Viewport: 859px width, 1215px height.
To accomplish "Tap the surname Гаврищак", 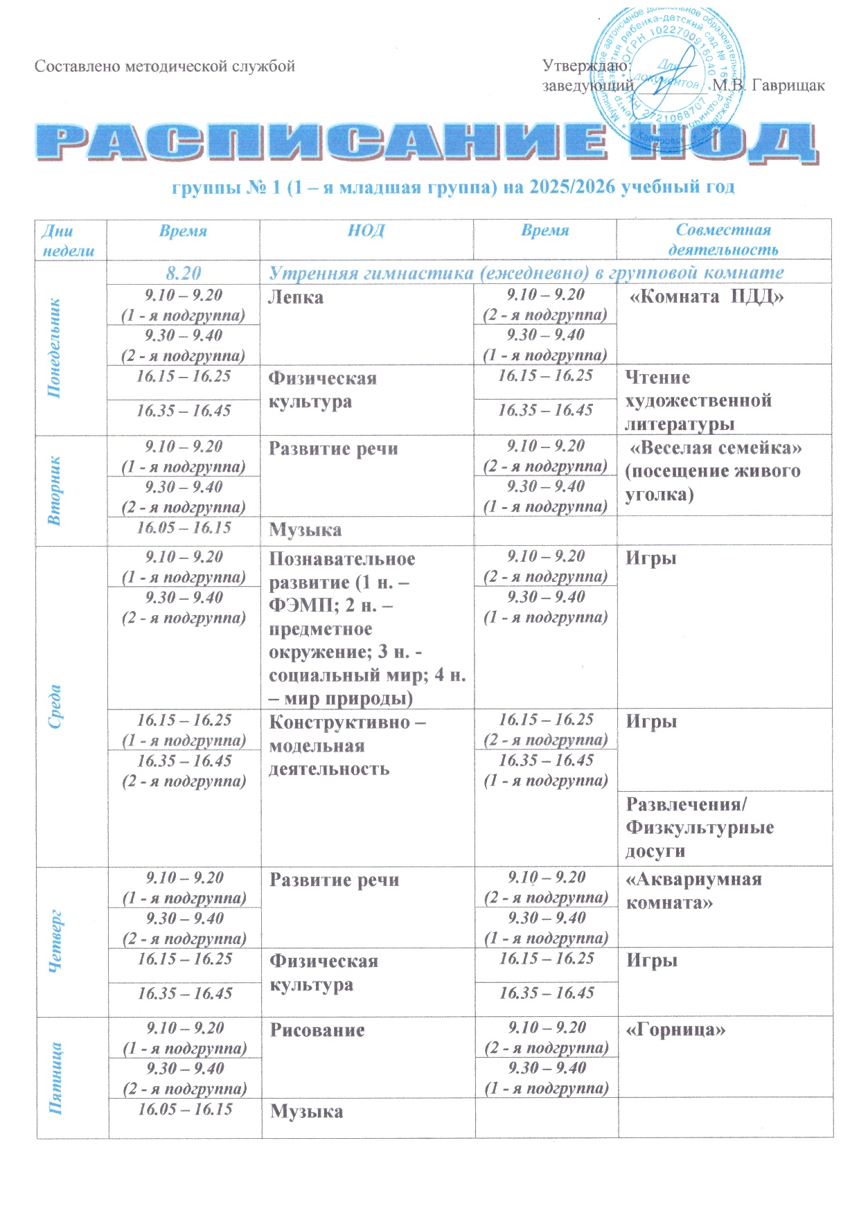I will (788, 86).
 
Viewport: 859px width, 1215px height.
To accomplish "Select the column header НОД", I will (366, 231).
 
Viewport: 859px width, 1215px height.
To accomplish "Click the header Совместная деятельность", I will (723, 240).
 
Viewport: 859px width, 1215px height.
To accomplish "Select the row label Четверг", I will (56, 941).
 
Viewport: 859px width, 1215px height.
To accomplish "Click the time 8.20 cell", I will (184, 273).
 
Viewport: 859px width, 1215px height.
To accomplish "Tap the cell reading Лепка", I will (296, 298).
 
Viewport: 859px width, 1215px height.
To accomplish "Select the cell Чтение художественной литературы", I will (698, 400).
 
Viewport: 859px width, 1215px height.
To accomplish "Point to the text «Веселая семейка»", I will (714, 448).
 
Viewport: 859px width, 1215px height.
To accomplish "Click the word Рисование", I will (317, 1030).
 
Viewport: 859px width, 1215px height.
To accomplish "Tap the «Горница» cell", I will (675, 1030).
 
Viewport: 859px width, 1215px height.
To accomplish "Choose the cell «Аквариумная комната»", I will (693, 891).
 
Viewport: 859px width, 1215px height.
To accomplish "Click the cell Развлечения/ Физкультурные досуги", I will (700, 828).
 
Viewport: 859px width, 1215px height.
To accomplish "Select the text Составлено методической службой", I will (165, 66).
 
